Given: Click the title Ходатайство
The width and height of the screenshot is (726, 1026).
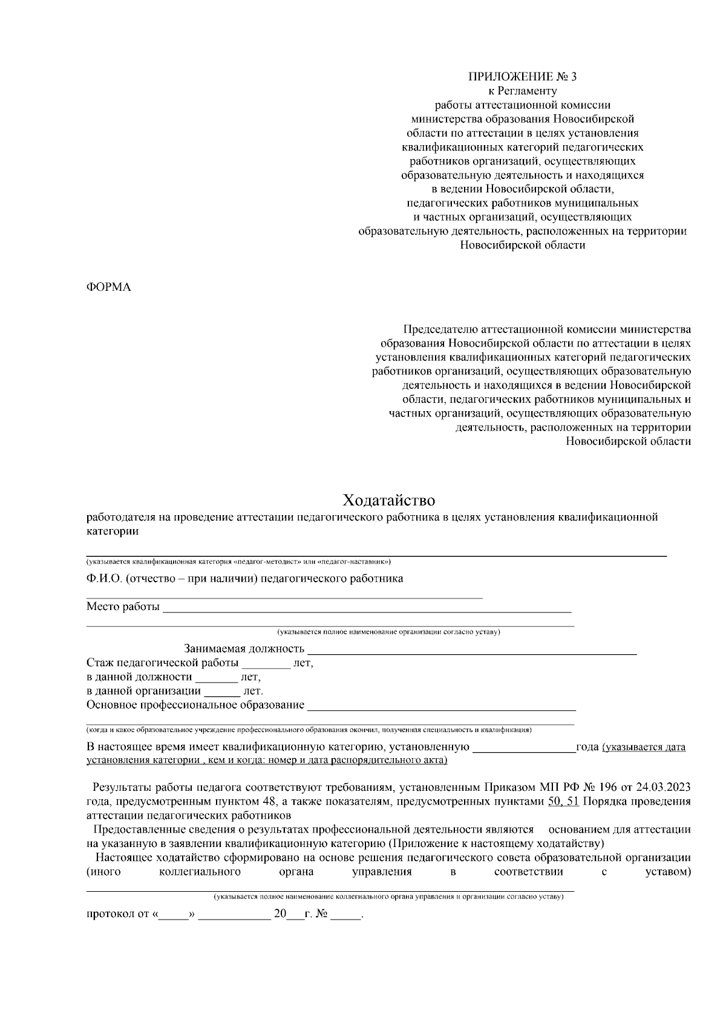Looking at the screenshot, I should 389,501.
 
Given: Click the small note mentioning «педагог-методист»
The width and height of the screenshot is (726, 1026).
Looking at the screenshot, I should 238,562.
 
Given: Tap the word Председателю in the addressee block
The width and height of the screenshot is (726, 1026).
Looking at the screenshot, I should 440,330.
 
